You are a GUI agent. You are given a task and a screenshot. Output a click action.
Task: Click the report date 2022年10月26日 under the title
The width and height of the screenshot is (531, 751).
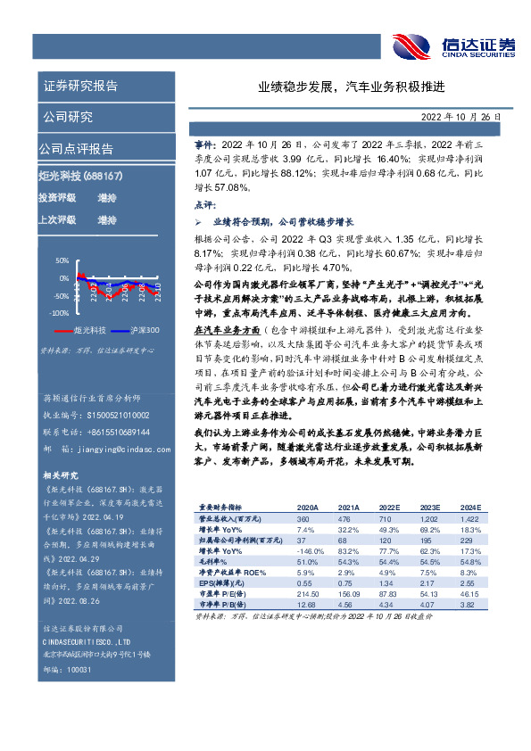click(462, 117)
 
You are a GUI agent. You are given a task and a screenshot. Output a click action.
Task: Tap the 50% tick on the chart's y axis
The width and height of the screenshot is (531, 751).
click(62, 260)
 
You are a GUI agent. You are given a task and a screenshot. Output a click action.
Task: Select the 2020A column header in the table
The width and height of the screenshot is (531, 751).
click(308, 508)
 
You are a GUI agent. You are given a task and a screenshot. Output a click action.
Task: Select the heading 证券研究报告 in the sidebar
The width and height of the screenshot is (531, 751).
click(80, 87)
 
